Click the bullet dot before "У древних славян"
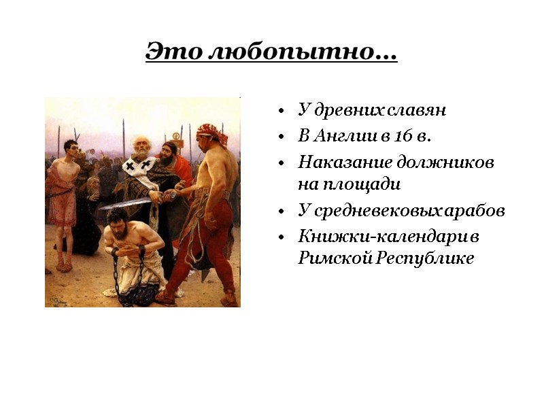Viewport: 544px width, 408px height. (280, 111)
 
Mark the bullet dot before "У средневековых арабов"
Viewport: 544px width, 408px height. (280, 211)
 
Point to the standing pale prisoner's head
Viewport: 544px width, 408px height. (69, 148)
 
